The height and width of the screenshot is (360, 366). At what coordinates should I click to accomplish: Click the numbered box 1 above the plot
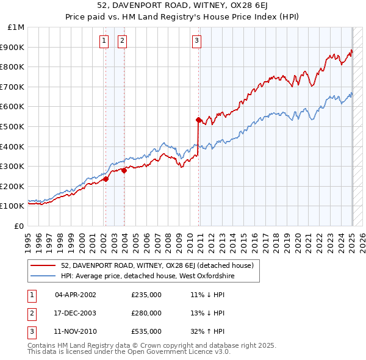click(x=104, y=41)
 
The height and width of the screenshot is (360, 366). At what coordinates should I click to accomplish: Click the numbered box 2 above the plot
click(x=123, y=41)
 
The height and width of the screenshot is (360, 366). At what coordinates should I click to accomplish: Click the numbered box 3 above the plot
click(x=197, y=41)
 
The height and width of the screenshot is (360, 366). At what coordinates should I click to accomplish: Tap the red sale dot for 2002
click(x=106, y=179)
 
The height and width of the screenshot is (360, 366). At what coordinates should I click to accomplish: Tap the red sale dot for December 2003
click(x=124, y=170)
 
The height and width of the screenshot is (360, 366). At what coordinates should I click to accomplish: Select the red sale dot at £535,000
click(x=198, y=120)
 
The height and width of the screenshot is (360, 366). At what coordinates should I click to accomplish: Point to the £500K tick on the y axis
click(x=13, y=126)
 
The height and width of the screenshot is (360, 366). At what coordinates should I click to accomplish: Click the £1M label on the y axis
click(x=16, y=27)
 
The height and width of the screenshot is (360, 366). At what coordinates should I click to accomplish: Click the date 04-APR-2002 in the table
click(x=76, y=295)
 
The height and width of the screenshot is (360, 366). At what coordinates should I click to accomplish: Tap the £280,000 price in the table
click(x=146, y=313)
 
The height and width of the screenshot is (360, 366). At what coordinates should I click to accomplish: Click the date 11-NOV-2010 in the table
click(x=76, y=331)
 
